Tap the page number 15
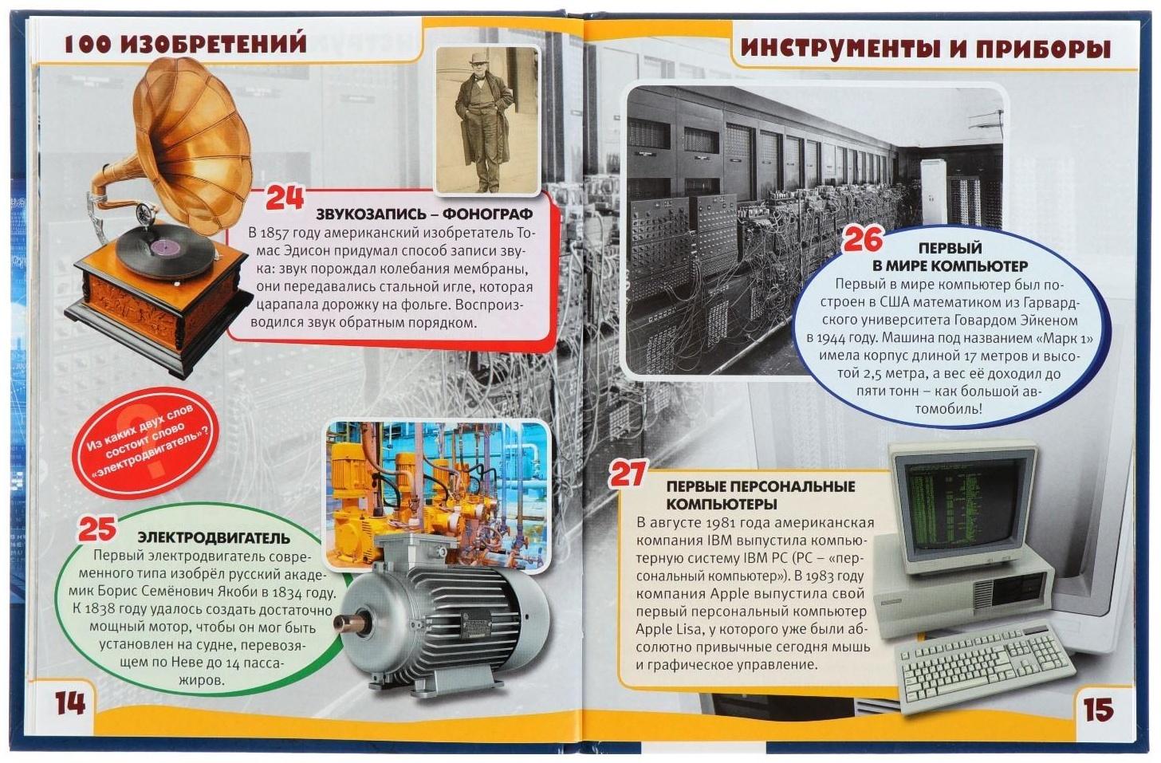(x=1098, y=709)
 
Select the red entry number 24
(x=284, y=197)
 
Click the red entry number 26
(x=863, y=239)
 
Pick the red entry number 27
(x=627, y=474)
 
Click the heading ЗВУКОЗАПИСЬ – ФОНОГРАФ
(x=423, y=214)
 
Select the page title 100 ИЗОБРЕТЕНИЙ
(x=185, y=45)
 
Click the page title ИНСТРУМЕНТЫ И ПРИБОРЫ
(x=925, y=49)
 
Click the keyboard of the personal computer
(x=984, y=668)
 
